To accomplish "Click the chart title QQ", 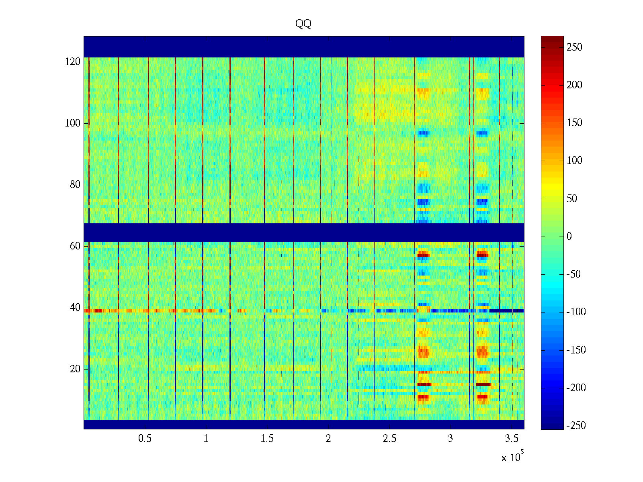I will (303, 24).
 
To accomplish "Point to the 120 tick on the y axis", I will (73, 62).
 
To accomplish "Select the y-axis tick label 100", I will (73, 123).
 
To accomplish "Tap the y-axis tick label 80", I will (75, 185).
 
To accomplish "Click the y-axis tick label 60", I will (75, 246).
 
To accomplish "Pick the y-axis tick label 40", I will (75, 308).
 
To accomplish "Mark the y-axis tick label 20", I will (75, 369).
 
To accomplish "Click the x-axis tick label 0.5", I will (145, 439).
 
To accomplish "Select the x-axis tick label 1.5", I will (267, 439).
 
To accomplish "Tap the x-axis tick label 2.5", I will (389, 439).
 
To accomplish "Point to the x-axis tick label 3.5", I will (512, 439).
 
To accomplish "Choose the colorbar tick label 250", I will (574, 47).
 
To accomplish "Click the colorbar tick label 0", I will (569, 237).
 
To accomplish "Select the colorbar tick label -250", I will (576, 426).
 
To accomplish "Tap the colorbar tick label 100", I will (574, 161).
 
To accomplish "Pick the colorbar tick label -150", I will (576, 350).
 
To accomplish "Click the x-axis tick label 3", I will (451, 439).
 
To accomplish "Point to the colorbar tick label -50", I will (573, 274).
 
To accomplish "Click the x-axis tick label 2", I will (328, 439).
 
